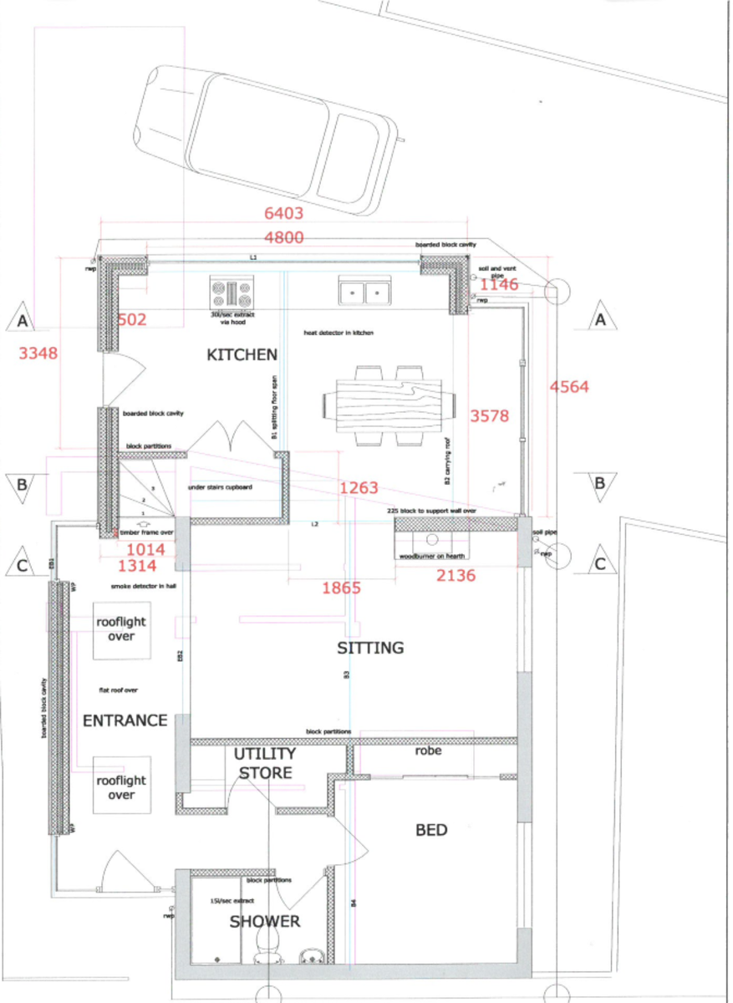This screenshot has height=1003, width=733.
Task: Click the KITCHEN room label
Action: tap(242, 355)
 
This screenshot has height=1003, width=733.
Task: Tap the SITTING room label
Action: tap(370, 648)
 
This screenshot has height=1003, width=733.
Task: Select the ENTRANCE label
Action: tap(125, 720)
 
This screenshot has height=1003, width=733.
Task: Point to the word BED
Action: tap(431, 830)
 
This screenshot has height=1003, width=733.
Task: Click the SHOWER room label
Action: tap(265, 921)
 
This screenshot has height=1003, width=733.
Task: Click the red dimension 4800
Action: tap(279, 237)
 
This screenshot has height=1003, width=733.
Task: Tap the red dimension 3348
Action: tap(38, 354)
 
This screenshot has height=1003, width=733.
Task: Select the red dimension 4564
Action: tap(568, 387)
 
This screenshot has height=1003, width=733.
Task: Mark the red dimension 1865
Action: tap(341, 588)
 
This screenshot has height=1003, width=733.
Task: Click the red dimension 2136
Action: tap(456, 574)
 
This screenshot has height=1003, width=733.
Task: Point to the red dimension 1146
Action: tap(499, 285)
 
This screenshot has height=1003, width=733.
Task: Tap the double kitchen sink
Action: tap(366, 292)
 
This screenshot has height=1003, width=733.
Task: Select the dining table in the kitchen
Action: tap(389, 405)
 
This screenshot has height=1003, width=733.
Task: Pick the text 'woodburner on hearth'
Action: tap(431, 556)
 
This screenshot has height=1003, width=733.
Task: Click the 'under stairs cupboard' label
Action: tap(220, 486)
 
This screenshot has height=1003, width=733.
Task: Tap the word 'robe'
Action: tap(428, 751)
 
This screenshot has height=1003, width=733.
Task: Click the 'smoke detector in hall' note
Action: tap(143, 587)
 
